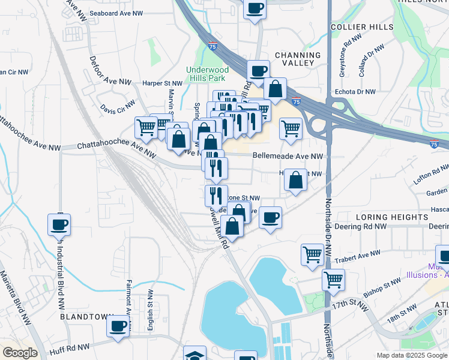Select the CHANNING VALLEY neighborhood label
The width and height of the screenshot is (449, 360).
click(295, 59)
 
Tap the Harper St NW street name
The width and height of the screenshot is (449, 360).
click(161, 83)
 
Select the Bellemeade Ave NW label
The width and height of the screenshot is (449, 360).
click(288, 156)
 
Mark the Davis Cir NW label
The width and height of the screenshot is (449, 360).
click(118, 109)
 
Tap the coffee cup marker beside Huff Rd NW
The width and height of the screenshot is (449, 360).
click(116, 326)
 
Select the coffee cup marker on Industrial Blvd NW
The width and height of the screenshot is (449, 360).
click(59, 224)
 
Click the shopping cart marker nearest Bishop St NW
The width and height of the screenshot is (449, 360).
click(333, 278)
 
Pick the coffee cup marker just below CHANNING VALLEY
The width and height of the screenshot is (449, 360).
click(259, 70)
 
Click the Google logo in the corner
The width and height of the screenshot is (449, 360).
click(20, 353)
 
